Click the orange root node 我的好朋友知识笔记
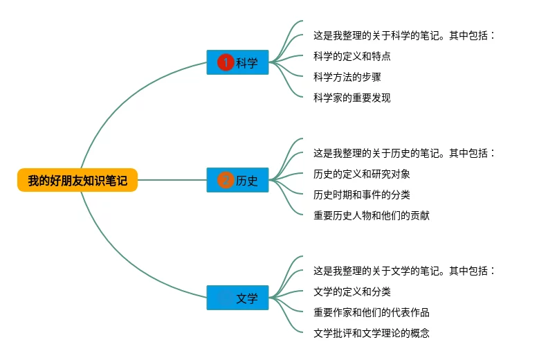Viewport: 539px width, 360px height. pos(77,181)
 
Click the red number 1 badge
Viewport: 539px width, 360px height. pos(226,63)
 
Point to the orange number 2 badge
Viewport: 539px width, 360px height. pos(226,181)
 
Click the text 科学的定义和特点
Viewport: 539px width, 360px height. pos(351,56)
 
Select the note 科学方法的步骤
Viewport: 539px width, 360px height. pos(347,77)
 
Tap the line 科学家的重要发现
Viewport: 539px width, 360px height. pos(351,98)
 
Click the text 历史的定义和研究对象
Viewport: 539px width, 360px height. pos(361,174)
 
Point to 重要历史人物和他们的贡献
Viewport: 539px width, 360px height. pos(371,215)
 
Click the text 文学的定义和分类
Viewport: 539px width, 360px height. pos(351,291)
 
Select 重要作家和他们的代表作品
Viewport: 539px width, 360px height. pos(371,312)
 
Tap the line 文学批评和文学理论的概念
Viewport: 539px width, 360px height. pos(371,333)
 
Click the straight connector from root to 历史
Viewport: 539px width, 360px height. pos(173,181)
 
